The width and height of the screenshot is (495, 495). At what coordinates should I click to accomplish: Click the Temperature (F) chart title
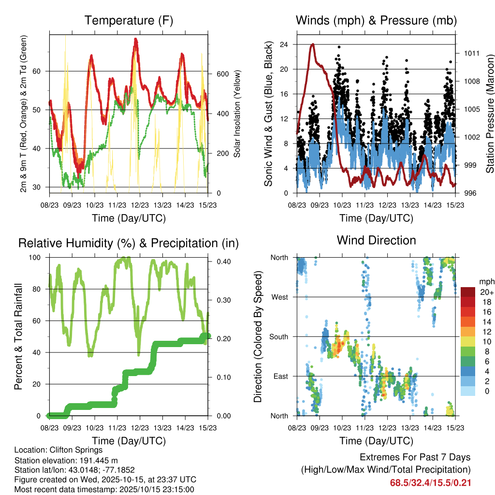[x=129, y=20]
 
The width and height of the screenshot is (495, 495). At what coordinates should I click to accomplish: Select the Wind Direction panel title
[x=376, y=240]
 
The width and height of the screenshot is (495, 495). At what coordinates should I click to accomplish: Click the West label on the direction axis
[x=279, y=297]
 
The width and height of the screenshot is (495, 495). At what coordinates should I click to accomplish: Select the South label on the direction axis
[x=278, y=336]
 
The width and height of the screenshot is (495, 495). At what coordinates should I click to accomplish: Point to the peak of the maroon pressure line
[x=313, y=44]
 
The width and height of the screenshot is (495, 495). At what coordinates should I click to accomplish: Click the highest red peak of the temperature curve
[x=136, y=39]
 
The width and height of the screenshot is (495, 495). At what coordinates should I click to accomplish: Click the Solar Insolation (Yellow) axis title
[x=237, y=114]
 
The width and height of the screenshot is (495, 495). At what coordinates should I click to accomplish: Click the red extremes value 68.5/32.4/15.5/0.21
[x=431, y=483]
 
